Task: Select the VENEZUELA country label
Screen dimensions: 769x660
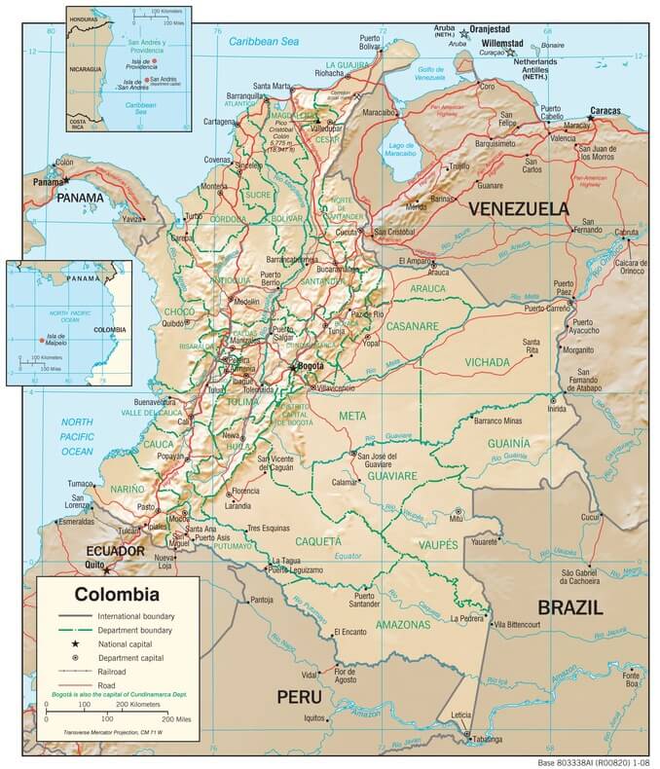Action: pyautogui.click(x=518, y=208)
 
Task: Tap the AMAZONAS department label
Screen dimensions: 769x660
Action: pyautogui.click(x=403, y=623)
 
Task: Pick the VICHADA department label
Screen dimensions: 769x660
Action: pyautogui.click(x=487, y=362)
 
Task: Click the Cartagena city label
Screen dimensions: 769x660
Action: pyautogui.click(x=220, y=122)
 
